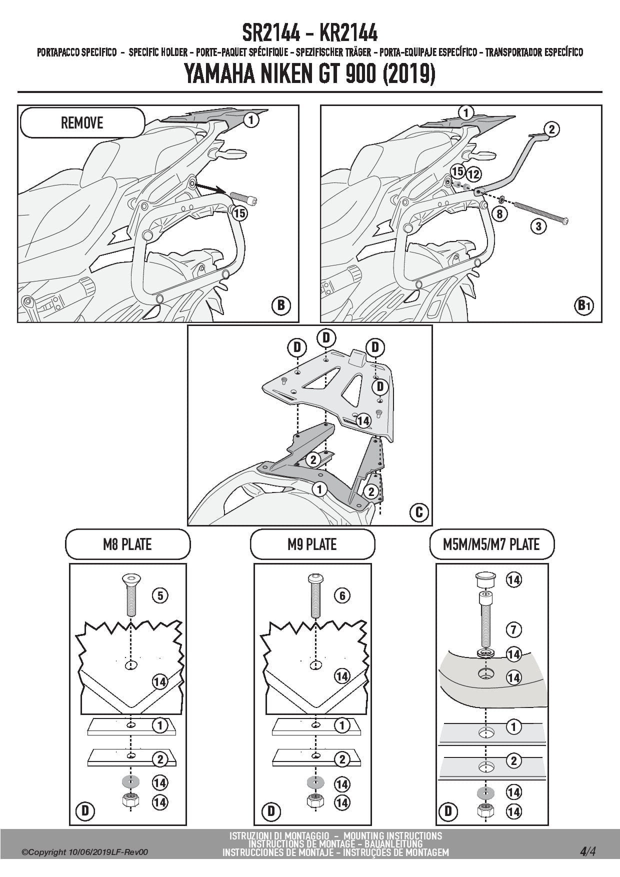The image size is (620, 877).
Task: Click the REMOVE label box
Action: (x=82, y=122)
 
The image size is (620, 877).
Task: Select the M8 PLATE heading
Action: (x=127, y=544)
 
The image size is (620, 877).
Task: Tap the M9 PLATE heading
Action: (x=312, y=544)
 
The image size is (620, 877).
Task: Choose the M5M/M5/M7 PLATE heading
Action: (x=491, y=544)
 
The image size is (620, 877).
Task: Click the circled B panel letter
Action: (x=281, y=304)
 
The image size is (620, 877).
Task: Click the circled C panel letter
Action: (x=419, y=511)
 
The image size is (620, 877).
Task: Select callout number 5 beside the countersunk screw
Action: (x=160, y=595)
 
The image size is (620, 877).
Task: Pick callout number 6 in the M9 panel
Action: (x=342, y=595)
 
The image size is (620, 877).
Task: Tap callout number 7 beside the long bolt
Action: (x=513, y=629)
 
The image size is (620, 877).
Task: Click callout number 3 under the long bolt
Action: (x=538, y=226)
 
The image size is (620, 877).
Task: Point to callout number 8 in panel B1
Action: (x=499, y=214)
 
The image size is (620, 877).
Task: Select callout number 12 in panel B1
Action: (x=473, y=174)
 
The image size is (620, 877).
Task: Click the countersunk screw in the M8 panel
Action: (x=131, y=594)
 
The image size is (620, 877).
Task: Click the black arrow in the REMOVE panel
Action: (x=210, y=188)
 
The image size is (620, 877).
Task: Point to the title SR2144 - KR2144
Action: (x=310, y=33)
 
